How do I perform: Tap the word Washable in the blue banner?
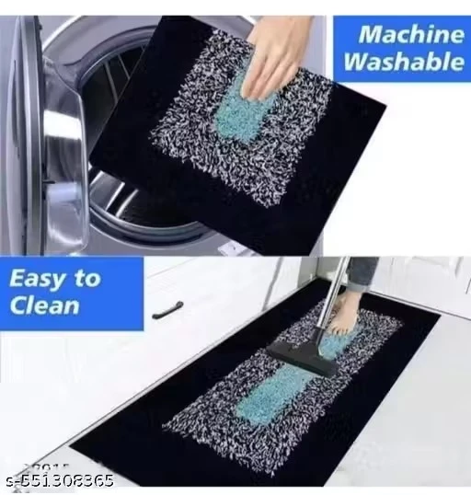tap(404, 61)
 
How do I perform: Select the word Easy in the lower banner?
tap(37, 280)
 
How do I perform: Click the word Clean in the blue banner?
tap(44, 305)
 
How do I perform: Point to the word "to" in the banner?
tap(86, 279)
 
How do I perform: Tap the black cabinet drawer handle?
tap(167, 309)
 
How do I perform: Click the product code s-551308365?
tap(60, 481)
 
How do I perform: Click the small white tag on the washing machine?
tap(230, 249)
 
